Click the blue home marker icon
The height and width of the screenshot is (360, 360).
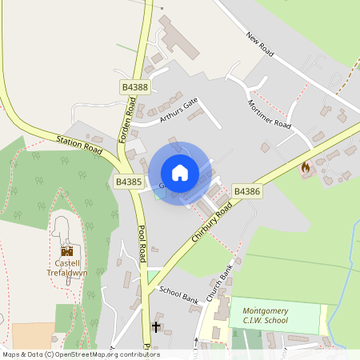tap(180, 172)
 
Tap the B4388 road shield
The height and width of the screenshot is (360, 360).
tap(134, 86)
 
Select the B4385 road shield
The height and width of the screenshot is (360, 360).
tap(128, 182)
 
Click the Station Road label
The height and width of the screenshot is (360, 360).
tap(80, 145)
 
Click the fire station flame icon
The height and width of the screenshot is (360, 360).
tap(305, 168)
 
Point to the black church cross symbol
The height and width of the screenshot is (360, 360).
tap(157, 326)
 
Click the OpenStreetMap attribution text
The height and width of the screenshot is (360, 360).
tap(80, 354)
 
